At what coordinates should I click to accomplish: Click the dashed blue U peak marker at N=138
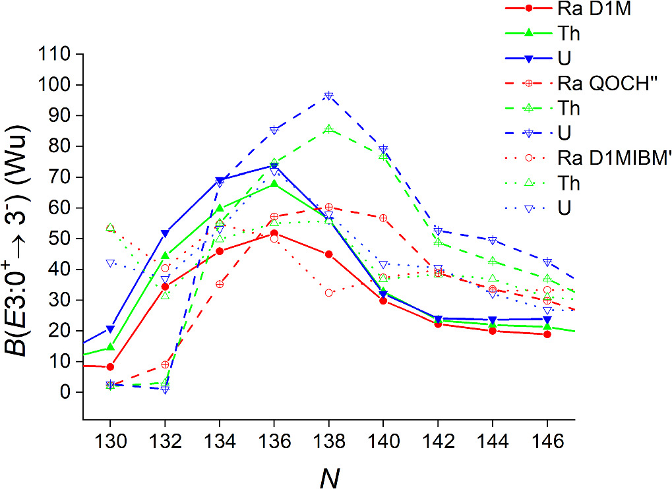pyautogui.click(x=328, y=96)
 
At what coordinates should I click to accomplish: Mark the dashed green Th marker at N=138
pyautogui.click(x=328, y=129)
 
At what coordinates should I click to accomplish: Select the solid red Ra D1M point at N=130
pyautogui.click(x=110, y=366)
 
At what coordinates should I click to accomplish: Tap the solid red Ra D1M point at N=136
pyautogui.click(x=274, y=233)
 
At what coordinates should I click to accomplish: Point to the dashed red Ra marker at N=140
pyautogui.click(x=383, y=218)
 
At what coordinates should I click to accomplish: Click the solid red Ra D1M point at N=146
pyautogui.click(x=547, y=334)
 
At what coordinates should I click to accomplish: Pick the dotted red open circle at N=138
pyautogui.click(x=328, y=293)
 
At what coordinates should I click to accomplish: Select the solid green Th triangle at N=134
pyautogui.click(x=219, y=209)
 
